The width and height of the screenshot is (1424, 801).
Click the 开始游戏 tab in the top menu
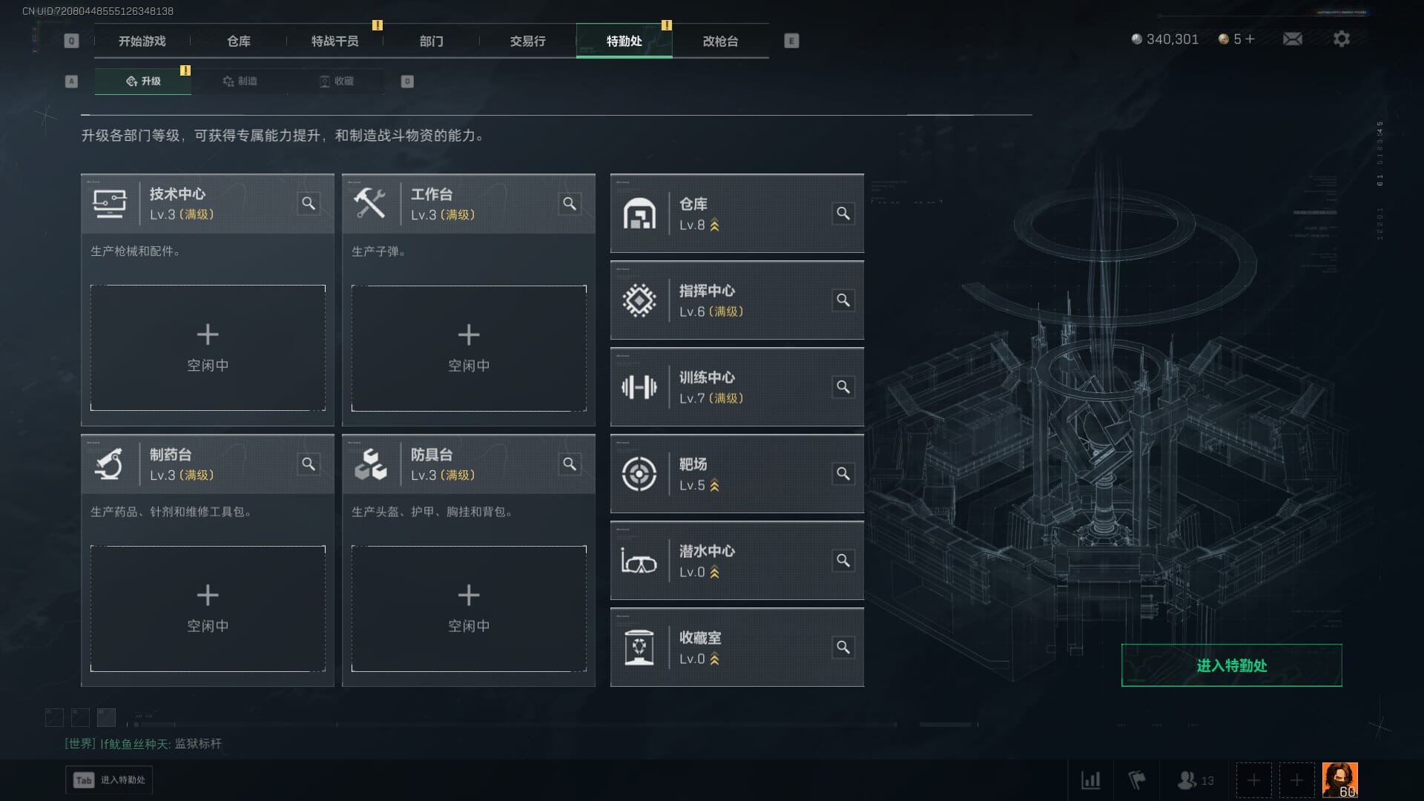coord(142,42)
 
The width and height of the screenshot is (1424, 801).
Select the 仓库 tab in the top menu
coord(239,42)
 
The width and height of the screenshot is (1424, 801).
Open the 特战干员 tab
coord(334,42)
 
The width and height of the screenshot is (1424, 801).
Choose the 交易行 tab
coord(527,42)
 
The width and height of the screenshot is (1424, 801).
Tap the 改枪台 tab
coord(720,42)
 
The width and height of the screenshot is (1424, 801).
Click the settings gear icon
coord(1341,39)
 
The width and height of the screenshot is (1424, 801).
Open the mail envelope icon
coord(1292,39)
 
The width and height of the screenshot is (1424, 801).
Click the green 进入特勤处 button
coord(1231,665)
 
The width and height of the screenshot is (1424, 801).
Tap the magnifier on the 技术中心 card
coord(309,203)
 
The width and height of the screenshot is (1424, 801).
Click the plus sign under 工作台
coord(469,334)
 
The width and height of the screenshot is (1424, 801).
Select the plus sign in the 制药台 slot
coord(208,595)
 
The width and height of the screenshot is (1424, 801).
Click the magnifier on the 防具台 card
coord(570,464)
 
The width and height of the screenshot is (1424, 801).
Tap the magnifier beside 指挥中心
coord(843,300)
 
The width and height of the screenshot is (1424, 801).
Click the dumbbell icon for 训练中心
coord(639,387)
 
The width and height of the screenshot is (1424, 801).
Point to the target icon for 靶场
coord(639,474)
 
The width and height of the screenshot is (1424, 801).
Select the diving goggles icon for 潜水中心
coord(639,561)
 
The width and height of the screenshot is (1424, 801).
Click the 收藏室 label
coord(700,638)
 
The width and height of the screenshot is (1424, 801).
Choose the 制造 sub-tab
coord(240,81)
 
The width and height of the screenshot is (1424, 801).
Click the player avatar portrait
coord(1339,779)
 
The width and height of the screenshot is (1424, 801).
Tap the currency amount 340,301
coord(1172,39)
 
